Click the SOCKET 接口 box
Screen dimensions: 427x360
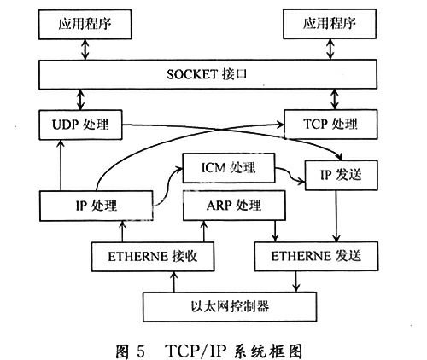pos(208,74)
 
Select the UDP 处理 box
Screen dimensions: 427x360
pos(80,125)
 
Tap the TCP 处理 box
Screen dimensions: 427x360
pos(330,125)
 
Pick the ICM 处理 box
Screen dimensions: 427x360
pos(229,168)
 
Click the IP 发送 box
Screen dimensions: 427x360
pos(342,175)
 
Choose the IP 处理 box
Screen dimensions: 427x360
pos(97,206)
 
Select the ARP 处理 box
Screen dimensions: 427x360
pos(234,206)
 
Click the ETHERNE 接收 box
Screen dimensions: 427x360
pos(153,257)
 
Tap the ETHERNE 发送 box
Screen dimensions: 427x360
pos(316,256)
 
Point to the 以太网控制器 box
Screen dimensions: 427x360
pos(230,307)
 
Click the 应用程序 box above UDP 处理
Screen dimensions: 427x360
pos(85,24)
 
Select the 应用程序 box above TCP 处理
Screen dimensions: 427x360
pos(330,24)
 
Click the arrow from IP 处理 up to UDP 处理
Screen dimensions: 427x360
pos(61,165)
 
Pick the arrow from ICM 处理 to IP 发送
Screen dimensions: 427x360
pos(290,174)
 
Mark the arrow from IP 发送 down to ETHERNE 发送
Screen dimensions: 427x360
pos(336,216)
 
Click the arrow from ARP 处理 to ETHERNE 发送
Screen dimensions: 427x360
pos(275,231)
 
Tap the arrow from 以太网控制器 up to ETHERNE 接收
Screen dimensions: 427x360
pos(174,282)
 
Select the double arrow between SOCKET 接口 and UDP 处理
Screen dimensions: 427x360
pos(81,100)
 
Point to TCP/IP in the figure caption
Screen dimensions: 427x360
pos(196,351)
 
